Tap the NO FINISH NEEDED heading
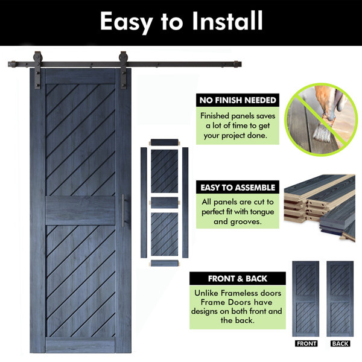[x=238, y=100]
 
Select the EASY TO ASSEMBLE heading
[x=238, y=188]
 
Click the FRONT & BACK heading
[x=238, y=278]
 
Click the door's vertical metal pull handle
[x=123, y=211]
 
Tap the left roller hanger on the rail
[x=37, y=70]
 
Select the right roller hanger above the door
[x=123, y=70]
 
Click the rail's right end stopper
[x=236, y=64]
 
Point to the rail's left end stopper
[x=13, y=64]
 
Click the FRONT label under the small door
[x=306, y=343]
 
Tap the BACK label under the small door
[x=340, y=343]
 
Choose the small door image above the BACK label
[x=340, y=299]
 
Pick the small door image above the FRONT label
[x=306, y=299]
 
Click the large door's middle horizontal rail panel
[x=80, y=211]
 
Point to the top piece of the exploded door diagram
[x=165, y=142]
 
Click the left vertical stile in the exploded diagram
[x=144, y=203]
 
